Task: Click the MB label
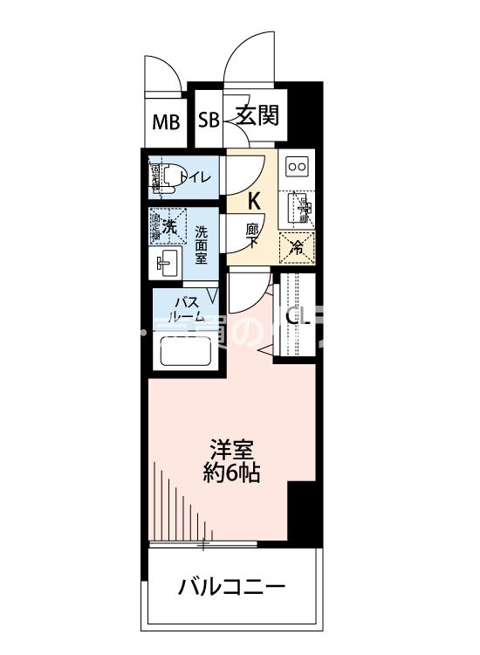click(166, 121)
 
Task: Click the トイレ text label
click(195, 178)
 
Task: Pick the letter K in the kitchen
click(254, 200)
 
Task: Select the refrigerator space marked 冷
click(297, 248)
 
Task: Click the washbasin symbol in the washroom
click(166, 261)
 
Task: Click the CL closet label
click(298, 316)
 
